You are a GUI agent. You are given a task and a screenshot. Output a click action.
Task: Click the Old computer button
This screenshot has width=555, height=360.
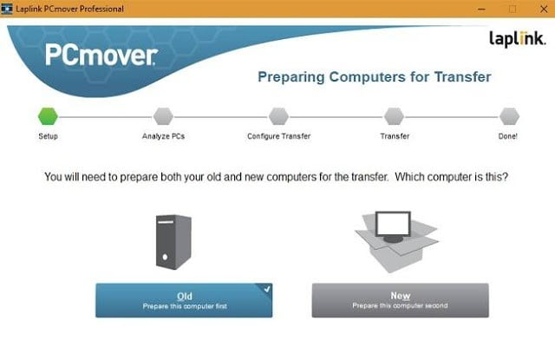click(184, 300)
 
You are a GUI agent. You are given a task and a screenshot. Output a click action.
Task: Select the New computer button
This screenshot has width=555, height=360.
click(400, 300)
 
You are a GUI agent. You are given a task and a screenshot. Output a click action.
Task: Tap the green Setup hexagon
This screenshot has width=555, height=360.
click(48, 115)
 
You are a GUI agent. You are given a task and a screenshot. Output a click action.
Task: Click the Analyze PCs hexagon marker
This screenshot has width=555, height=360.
click(163, 115)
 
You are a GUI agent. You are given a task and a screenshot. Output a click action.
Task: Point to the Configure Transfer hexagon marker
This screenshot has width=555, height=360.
click(278, 115)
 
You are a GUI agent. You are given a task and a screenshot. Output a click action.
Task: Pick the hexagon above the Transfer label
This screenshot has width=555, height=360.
click(395, 115)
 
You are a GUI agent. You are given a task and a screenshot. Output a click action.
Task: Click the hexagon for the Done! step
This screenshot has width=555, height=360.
click(510, 115)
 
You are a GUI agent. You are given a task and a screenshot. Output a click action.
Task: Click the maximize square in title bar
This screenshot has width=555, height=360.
click(513, 9)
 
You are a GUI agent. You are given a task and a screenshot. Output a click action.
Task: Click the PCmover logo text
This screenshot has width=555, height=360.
click(101, 57)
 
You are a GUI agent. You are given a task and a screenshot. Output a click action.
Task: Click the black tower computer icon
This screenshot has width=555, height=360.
click(173, 240)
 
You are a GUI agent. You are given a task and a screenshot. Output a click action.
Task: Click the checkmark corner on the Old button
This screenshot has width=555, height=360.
click(266, 289)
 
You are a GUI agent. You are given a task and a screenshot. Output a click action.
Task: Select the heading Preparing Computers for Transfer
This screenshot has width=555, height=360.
click(375, 77)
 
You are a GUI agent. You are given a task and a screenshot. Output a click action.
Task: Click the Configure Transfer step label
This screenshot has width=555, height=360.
click(278, 136)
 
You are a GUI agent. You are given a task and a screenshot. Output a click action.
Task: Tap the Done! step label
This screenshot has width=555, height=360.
click(509, 136)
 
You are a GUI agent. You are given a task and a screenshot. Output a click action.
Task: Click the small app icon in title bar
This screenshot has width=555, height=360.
click(8, 9)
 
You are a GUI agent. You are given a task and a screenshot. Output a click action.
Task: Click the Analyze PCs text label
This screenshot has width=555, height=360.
click(163, 136)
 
